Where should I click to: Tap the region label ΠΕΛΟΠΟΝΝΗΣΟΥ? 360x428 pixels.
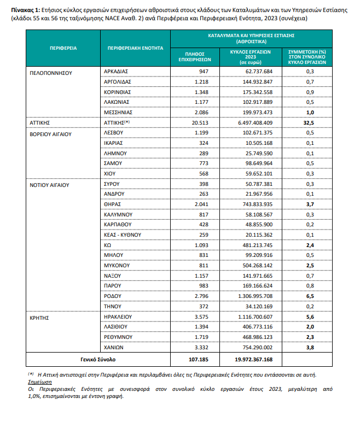pos(51,72)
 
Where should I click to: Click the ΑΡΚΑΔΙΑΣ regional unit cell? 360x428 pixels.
pos(116,72)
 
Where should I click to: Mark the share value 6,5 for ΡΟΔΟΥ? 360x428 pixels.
pos(309,296)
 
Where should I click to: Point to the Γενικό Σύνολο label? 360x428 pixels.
pos(99,360)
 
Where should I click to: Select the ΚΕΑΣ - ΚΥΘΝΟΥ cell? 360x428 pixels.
pos(123,234)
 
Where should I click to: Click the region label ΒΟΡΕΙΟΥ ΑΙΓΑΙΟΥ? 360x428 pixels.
pos(51,133)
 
